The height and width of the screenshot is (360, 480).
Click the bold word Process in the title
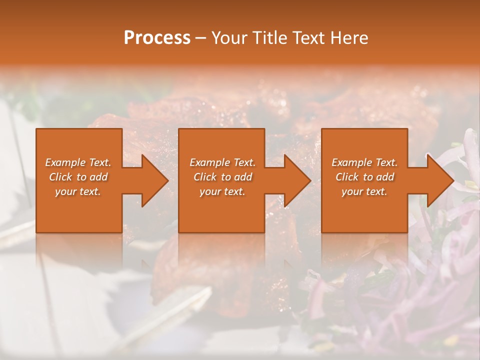coord(157,38)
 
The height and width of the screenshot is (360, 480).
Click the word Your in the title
coord(228,38)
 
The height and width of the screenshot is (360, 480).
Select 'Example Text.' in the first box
coord(78,162)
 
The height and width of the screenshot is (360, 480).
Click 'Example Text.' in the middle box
coord(222,162)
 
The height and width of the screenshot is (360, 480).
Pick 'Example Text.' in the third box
coord(364,162)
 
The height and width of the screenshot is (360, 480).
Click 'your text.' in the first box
coord(78,191)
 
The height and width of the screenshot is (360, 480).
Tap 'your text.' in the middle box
coord(222,191)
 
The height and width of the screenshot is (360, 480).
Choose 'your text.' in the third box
coord(364,191)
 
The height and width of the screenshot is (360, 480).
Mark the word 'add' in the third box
coord(385,177)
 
